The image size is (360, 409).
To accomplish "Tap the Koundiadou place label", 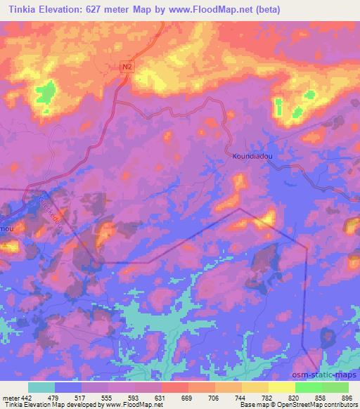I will [252, 158].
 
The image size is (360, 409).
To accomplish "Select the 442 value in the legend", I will [25, 398].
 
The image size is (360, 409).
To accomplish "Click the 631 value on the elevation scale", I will [161, 398].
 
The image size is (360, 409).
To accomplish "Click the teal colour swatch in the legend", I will [41, 387].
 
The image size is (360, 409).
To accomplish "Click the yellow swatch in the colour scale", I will [282, 387].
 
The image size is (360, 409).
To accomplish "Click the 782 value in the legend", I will [268, 398].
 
